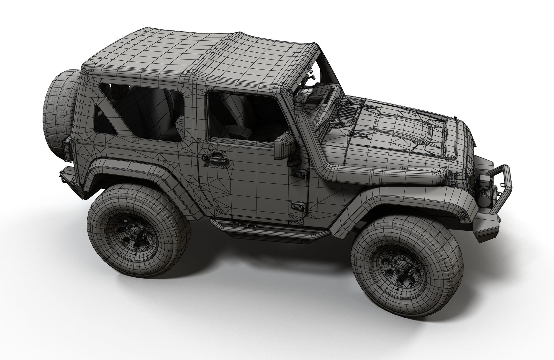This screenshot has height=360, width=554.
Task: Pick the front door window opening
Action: pos(244,116)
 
